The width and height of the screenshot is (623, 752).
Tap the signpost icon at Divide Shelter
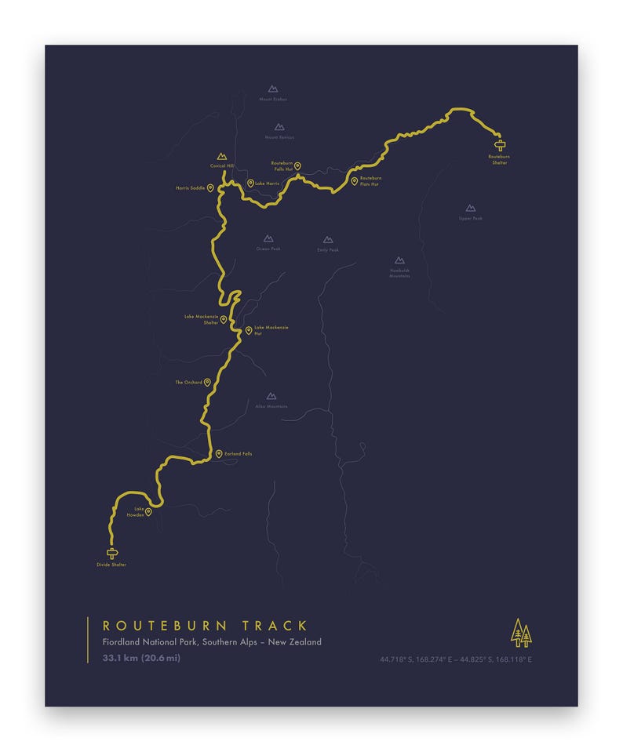tap(111, 552)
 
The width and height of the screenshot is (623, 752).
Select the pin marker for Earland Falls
tap(219, 453)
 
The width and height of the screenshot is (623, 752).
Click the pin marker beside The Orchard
tap(208, 383)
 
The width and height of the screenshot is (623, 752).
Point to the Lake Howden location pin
tap(148, 512)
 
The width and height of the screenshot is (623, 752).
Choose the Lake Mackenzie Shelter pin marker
tap(224, 319)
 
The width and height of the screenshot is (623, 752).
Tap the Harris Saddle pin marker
tap(210, 188)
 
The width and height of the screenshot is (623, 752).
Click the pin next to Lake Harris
tap(250, 183)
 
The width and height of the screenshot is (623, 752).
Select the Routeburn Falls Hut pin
tap(297, 166)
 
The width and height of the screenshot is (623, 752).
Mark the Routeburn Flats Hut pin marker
tap(354, 181)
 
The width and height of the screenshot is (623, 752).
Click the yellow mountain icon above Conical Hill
tap(221, 157)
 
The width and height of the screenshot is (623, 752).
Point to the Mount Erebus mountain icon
tap(272, 89)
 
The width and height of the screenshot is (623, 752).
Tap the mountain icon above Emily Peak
tap(328, 240)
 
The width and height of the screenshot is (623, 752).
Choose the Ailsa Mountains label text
tap(271, 406)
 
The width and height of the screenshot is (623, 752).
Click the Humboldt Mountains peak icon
tap(399, 260)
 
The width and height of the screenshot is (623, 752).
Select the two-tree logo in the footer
tap(521, 632)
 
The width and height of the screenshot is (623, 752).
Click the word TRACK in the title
tap(275, 626)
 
